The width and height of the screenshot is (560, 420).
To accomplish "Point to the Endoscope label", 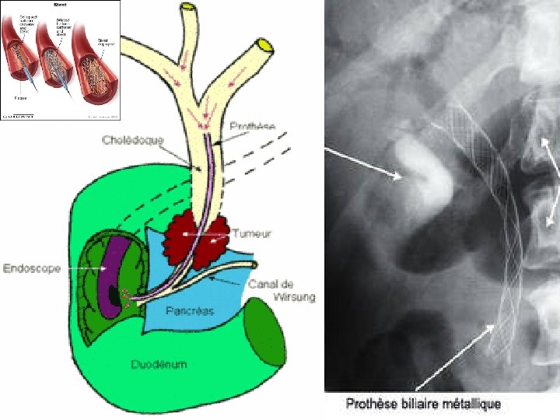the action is point(33,268).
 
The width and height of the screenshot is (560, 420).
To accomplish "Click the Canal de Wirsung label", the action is point(281,290).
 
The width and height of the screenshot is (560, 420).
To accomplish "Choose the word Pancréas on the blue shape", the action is point(191,311).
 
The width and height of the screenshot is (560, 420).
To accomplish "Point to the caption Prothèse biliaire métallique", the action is point(422,404).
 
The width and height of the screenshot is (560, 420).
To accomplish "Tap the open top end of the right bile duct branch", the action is point(265,45).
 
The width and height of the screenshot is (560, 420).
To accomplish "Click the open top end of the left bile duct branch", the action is point(187,10).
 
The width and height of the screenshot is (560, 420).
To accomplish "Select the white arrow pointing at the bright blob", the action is point(364,164).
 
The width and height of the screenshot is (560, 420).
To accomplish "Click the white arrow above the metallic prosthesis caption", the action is point(454,357).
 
